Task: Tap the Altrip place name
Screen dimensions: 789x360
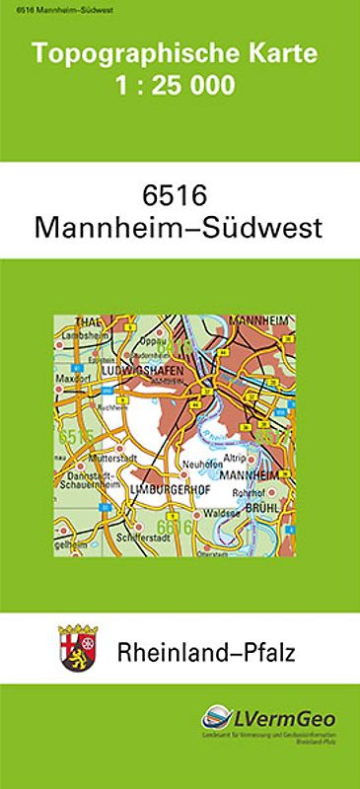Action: [x=234, y=459]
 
